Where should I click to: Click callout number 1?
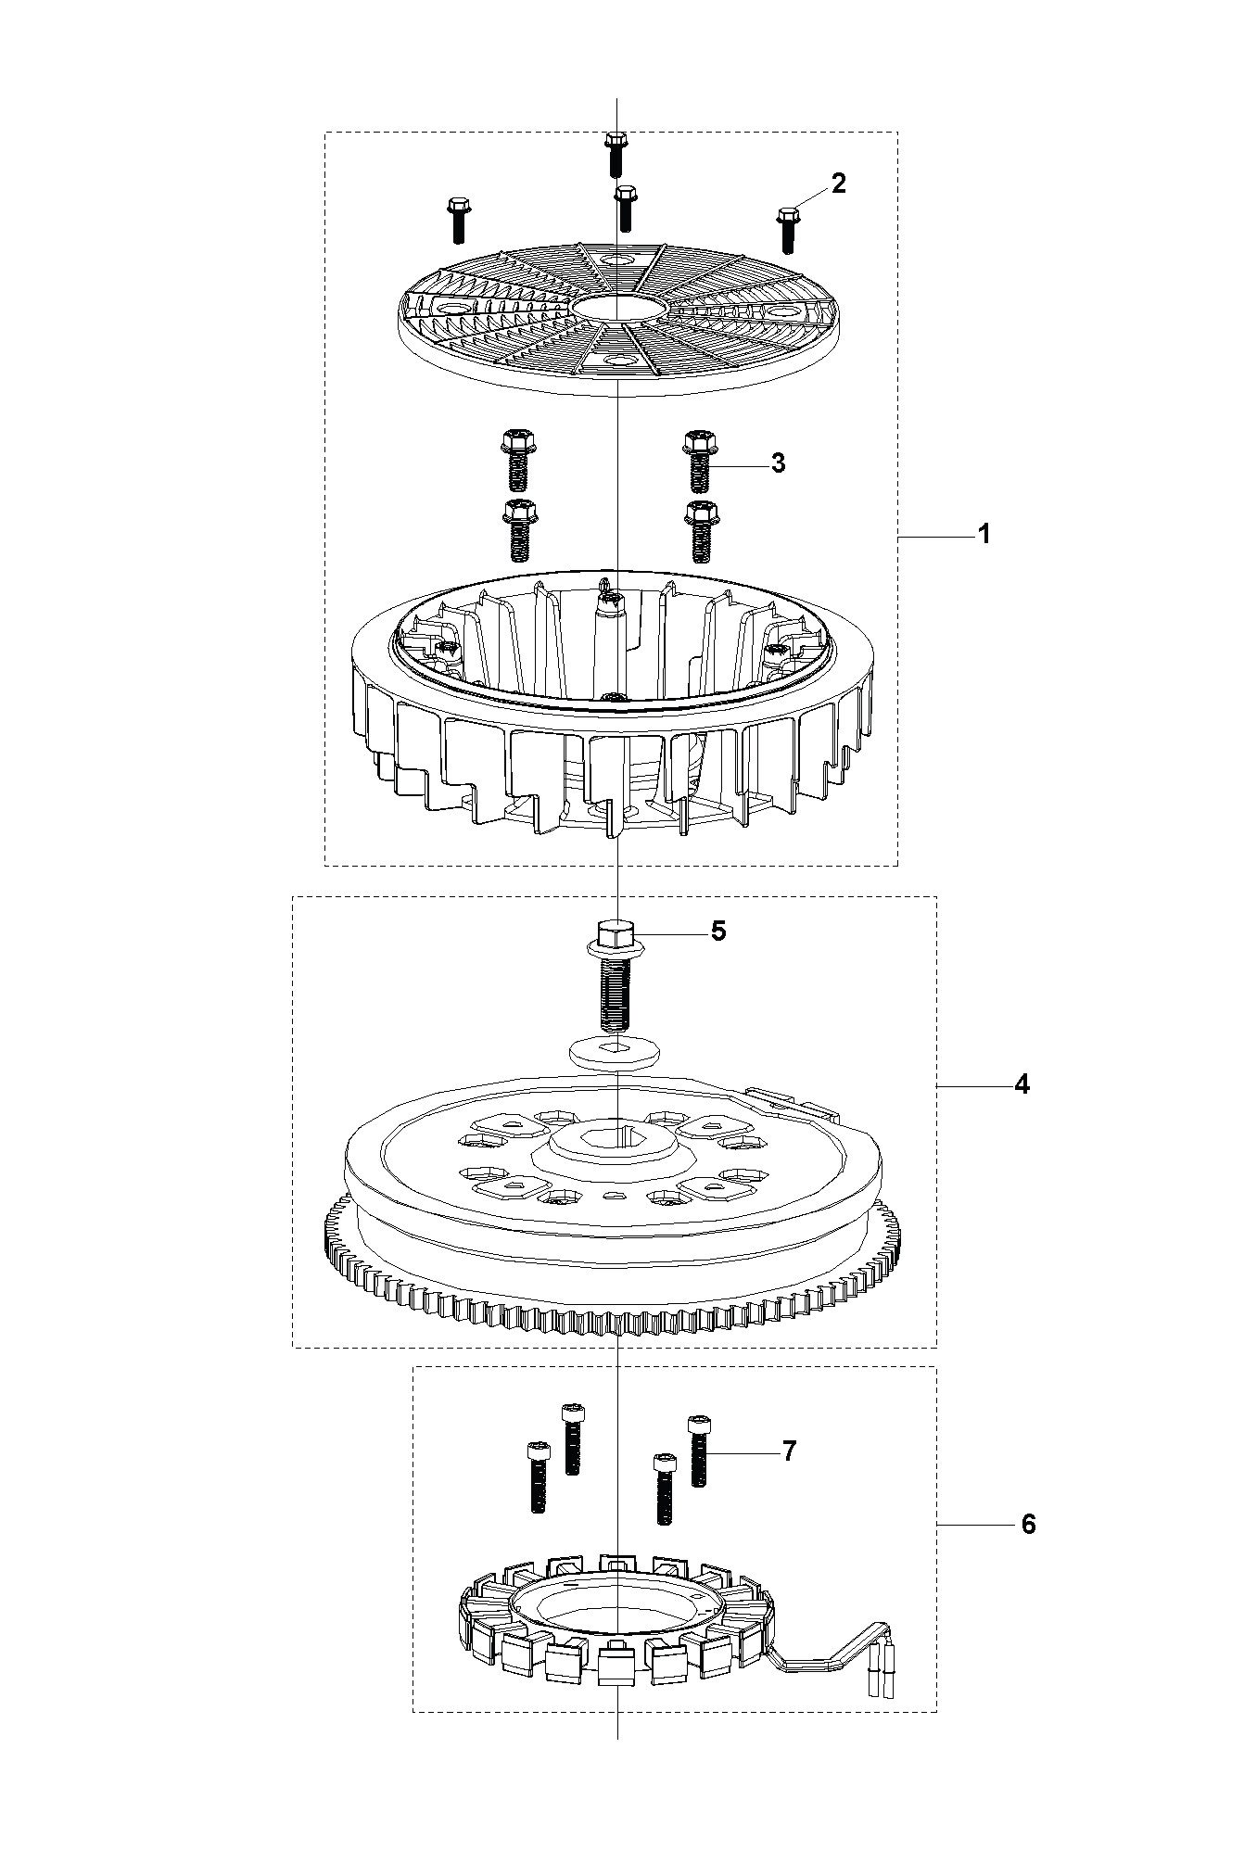click(x=984, y=535)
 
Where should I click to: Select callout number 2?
click(x=838, y=184)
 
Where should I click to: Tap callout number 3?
click(x=778, y=463)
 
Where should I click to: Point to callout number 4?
click(x=1022, y=1084)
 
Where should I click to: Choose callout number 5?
click(x=718, y=931)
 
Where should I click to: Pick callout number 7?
click(x=788, y=1451)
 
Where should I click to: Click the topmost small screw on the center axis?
click(x=614, y=154)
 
